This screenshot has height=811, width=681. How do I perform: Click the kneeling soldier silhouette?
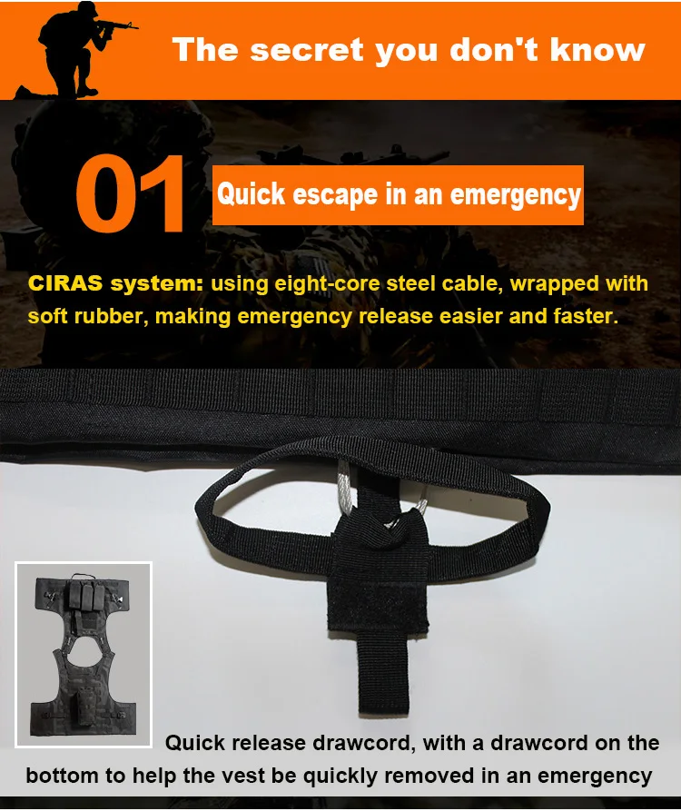point(77,52)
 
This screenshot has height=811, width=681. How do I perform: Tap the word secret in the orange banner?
point(308,50)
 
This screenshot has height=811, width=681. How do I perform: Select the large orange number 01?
point(130,193)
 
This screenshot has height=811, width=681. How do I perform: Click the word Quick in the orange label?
point(251,194)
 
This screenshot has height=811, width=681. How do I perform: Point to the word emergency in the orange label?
point(516,195)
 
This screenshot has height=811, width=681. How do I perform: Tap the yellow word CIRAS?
point(65,283)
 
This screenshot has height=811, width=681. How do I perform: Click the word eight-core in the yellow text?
point(327,284)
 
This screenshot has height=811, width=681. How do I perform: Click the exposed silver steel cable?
point(345,490)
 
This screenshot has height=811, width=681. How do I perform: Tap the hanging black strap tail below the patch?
point(384,671)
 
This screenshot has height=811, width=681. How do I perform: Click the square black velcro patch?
point(378,601)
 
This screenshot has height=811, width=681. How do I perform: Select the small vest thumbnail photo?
point(84,655)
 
